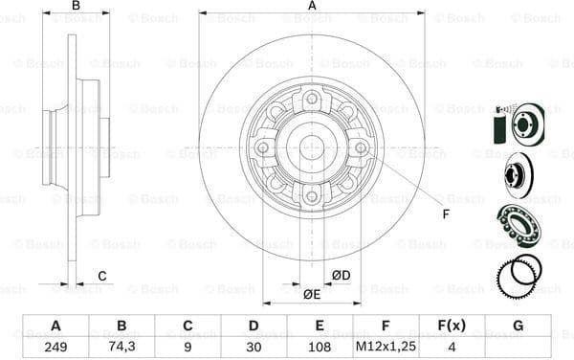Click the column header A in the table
pyautogui.click(x=55, y=326)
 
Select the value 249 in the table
pyautogui.click(x=55, y=347)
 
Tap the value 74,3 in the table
pyautogui.click(x=121, y=347)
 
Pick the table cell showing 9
pyautogui.click(x=188, y=347)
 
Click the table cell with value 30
pyautogui.click(x=254, y=347)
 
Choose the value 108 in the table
pyautogui.click(x=320, y=347)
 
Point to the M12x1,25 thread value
pyautogui.click(x=386, y=347)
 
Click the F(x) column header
pyautogui.click(x=452, y=326)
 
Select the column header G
pyautogui.click(x=518, y=326)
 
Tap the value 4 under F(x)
pyautogui.click(x=452, y=347)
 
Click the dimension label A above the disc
pyautogui.click(x=312, y=7)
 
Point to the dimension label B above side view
pyautogui.click(x=77, y=7)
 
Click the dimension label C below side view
pyautogui.click(x=102, y=278)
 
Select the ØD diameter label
pyautogui.click(x=341, y=277)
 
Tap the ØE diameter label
pyautogui.click(x=312, y=294)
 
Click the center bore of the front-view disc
pyautogui.click(x=312, y=147)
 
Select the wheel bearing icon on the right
pyautogui.click(x=518, y=226)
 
